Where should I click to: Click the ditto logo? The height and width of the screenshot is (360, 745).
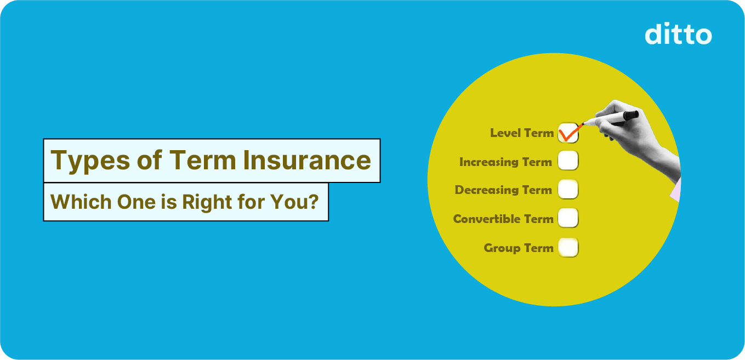(x=678, y=34)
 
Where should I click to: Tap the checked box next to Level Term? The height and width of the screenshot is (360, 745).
(x=568, y=133)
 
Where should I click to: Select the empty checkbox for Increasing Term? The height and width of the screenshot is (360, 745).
(x=568, y=161)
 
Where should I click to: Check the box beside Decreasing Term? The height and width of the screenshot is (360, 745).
(x=568, y=190)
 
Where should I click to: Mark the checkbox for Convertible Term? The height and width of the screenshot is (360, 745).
(x=568, y=218)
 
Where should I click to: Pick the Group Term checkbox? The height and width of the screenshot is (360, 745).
(x=568, y=247)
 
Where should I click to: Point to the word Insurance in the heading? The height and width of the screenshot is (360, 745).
(x=307, y=161)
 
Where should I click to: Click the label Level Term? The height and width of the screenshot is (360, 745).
(x=521, y=133)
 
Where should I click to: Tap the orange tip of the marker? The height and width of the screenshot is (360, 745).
(x=584, y=124)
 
